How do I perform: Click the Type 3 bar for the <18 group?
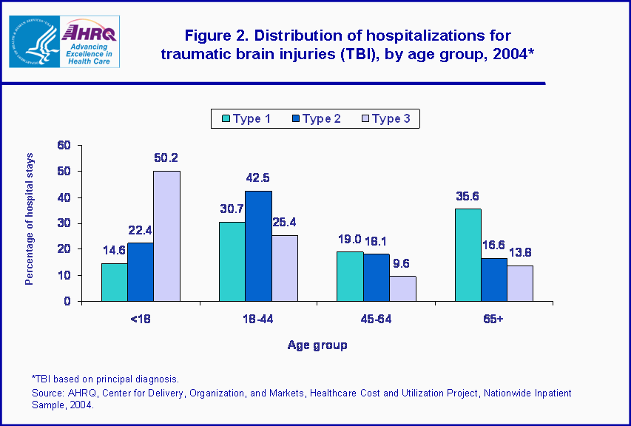coord(166,236)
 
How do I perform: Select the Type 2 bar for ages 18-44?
coord(259,246)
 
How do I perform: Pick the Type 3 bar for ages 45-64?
coord(402,288)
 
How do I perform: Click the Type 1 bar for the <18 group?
coord(114,282)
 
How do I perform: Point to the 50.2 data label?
coord(166,158)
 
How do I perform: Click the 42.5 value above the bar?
coord(258,177)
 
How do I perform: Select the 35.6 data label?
coord(468,196)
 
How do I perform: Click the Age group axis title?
coord(317,345)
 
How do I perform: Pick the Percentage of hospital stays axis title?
coord(30,223)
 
